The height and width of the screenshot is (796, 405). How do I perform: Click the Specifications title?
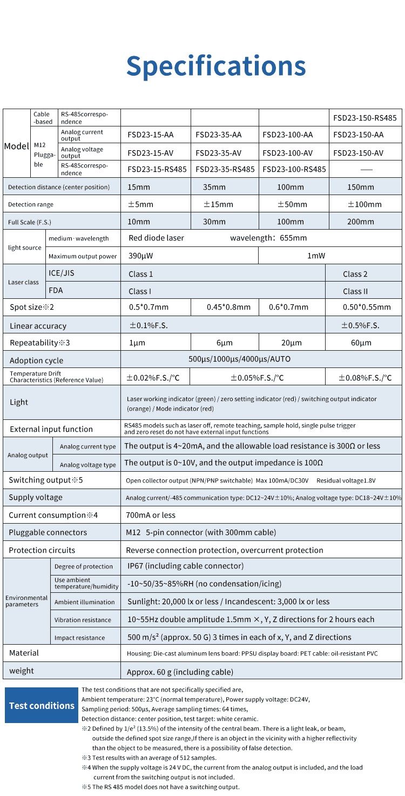(216, 66)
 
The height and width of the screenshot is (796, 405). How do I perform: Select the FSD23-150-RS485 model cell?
(365, 118)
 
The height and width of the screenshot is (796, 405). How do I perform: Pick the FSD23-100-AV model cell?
(288, 153)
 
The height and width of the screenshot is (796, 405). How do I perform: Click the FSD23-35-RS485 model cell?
(225, 169)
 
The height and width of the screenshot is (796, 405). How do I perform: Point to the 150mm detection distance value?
(360, 187)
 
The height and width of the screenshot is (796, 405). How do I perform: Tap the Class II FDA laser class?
(355, 291)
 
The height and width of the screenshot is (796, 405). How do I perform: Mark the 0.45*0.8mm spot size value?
(228, 307)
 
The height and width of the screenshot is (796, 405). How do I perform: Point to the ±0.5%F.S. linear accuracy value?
(360, 325)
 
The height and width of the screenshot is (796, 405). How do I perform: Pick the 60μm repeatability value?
(361, 343)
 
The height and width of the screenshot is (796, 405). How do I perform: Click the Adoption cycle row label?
(36, 360)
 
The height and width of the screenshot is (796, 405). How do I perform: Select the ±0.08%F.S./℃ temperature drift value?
(365, 378)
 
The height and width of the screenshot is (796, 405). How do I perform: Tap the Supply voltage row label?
(35, 497)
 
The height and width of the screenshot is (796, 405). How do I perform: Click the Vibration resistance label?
(83, 620)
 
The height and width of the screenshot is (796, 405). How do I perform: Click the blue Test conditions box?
(42, 705)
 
